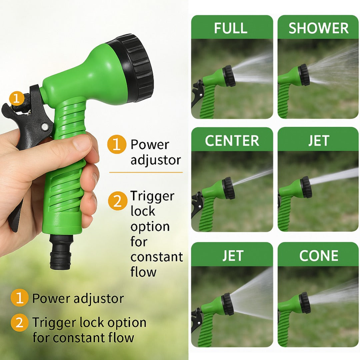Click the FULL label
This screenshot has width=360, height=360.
(231, 28)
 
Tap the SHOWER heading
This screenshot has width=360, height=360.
(319, 28)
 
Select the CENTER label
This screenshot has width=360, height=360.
(232, 141)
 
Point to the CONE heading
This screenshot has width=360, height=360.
(319, 256)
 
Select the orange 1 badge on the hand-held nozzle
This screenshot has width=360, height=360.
(16, 98)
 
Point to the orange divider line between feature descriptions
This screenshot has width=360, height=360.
(146, 172)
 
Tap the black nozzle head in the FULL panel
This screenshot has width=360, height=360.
(229, 76)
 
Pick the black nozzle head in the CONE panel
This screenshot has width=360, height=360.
(305, 303)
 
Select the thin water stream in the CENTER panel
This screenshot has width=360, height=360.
(253, 177)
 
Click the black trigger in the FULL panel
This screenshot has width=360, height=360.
(197, 93)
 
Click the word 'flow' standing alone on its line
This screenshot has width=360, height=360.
(143, 272)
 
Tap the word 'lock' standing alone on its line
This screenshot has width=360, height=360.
(143, 211)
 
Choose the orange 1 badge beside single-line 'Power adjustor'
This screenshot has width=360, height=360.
(20, 298)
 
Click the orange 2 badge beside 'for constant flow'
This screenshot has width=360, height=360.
(20, 323)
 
